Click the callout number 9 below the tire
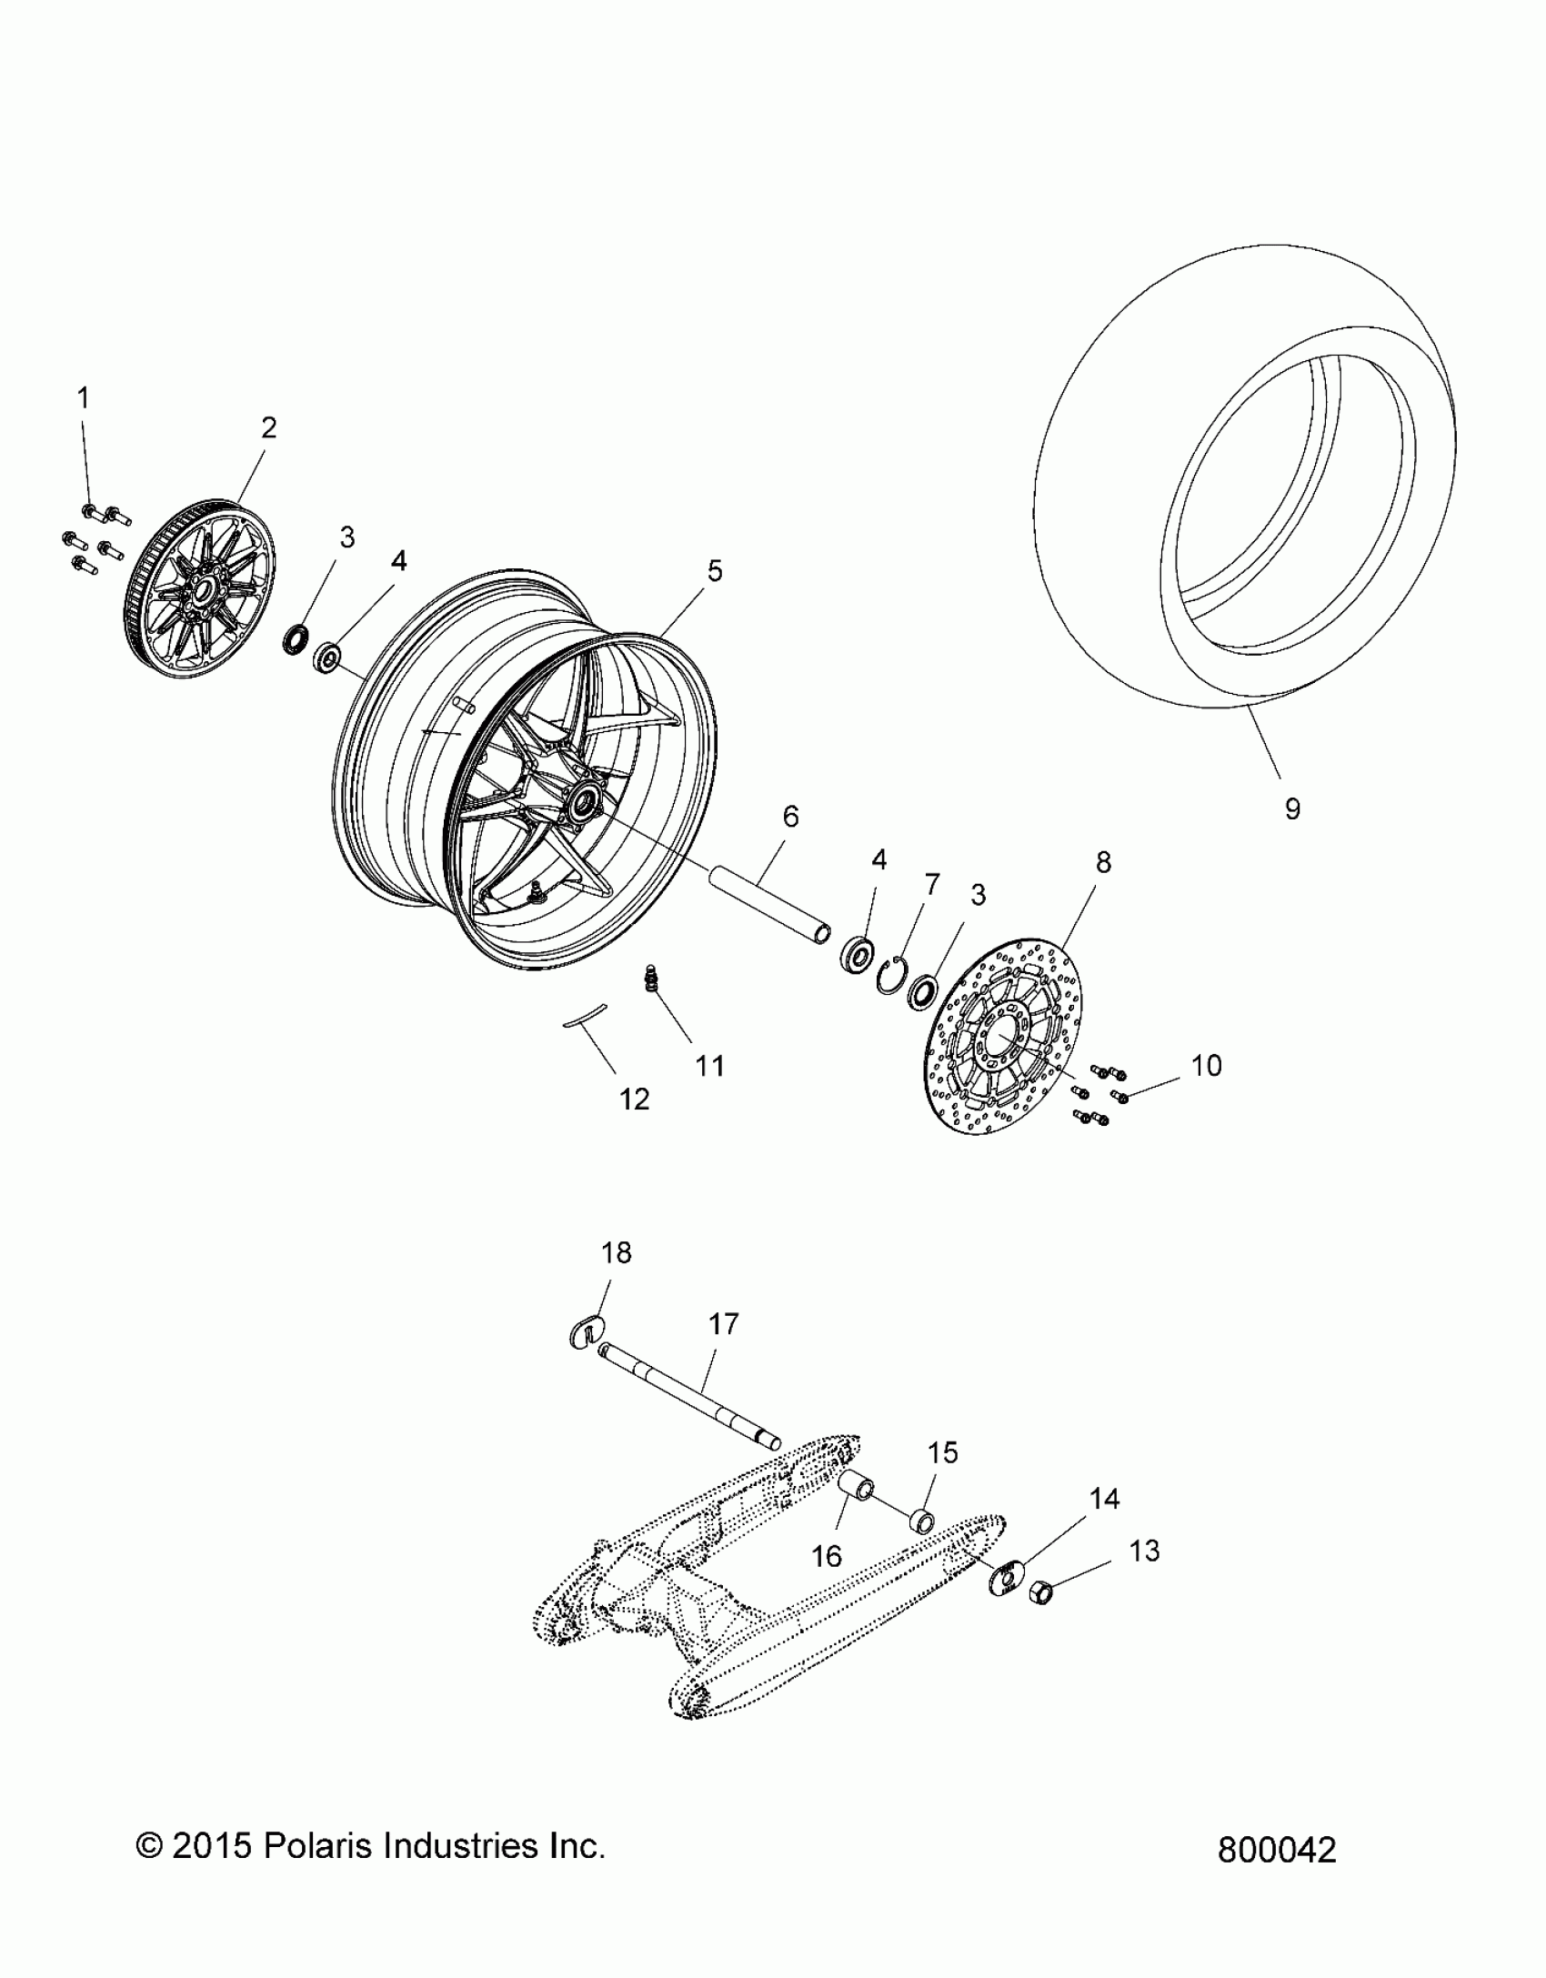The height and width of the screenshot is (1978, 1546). pos(1292,808)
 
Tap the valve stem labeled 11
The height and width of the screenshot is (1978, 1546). pos(651,979)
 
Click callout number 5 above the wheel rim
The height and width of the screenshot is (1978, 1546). pos(715,571)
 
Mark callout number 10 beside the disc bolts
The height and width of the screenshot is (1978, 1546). pos(1206,1066)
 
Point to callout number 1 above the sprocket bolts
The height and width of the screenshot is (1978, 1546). pos(84,398)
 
